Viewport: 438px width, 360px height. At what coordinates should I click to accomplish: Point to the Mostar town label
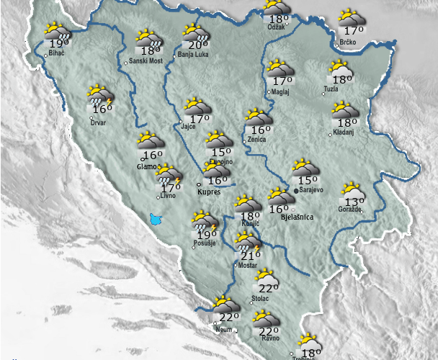[248, 266]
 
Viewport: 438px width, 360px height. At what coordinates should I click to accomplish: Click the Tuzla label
[331, 89]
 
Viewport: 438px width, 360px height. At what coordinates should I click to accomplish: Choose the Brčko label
[349, 44]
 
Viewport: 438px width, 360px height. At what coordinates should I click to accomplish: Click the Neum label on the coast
[224, 329]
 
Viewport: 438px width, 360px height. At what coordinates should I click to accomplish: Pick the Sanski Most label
[144, 61]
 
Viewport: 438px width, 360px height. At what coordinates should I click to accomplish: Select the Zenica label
[256, 139]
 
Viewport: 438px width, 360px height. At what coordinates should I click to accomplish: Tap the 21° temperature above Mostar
[251, 256]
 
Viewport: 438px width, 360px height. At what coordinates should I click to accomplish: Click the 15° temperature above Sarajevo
[308, 181]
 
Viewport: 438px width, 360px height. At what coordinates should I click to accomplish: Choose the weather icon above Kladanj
[343, 110]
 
